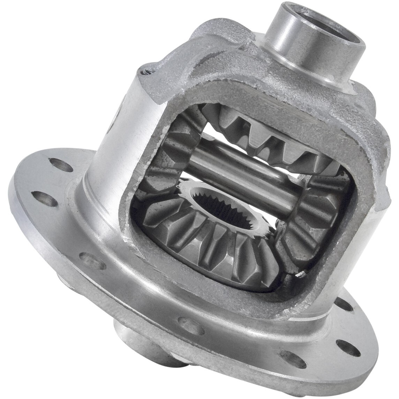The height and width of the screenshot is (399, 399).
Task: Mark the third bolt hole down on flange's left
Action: (x=88, y=258)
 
